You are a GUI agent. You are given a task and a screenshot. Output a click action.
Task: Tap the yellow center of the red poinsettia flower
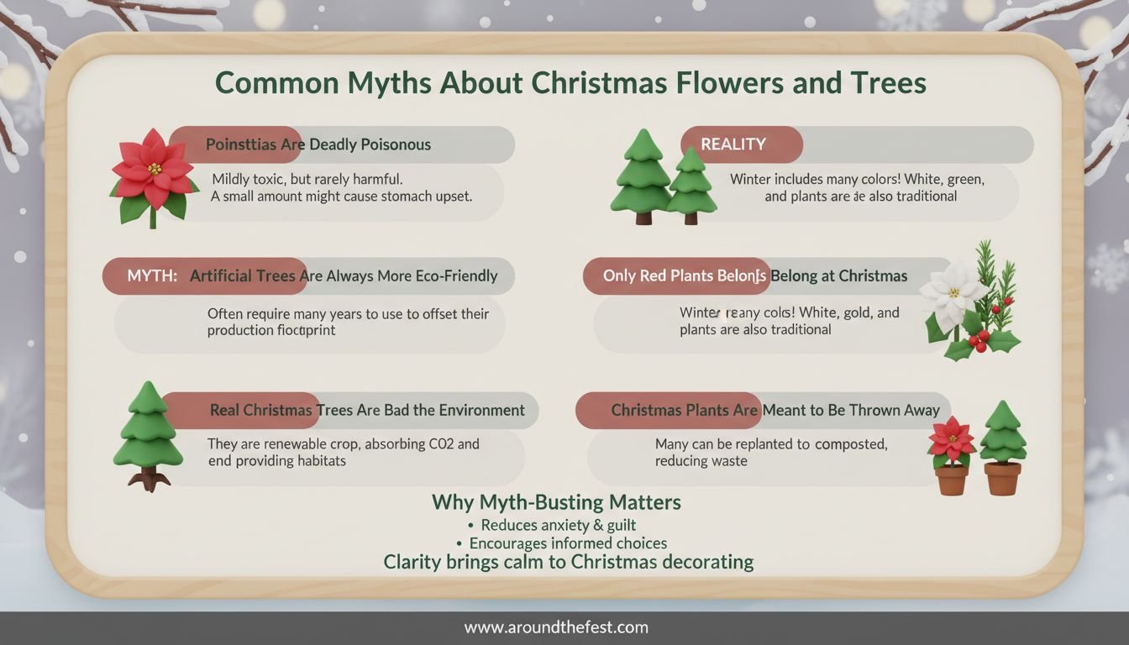[x=155, y=168]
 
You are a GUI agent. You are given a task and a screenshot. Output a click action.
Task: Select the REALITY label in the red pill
[x=733, y=144]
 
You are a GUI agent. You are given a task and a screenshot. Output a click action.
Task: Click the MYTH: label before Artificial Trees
[x=152, y=275]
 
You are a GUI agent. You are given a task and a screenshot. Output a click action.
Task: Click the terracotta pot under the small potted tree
[x=1002, y=478]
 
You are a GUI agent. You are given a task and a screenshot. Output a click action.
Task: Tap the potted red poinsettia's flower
[x=951, y=438]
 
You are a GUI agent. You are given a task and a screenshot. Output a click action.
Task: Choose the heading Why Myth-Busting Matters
[x=556, y=502]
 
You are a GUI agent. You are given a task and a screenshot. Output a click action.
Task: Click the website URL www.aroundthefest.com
[x=556, y=627]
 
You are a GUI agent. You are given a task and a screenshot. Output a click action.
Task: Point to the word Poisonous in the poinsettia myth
[x=396, y=144]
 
